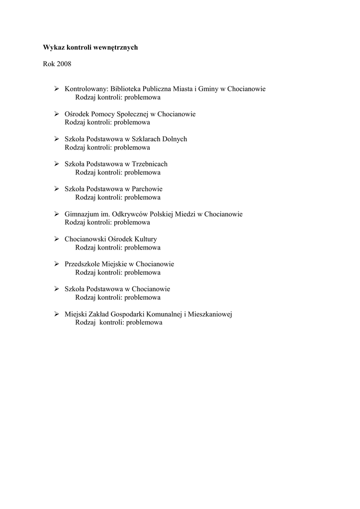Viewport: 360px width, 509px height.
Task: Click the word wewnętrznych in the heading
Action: pos(116,48)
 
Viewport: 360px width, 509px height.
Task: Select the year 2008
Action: pos(64,64)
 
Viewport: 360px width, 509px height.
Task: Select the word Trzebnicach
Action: pos(150,164)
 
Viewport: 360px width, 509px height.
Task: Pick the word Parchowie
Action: pos(147,189)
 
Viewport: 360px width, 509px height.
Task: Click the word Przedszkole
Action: pos(83,264)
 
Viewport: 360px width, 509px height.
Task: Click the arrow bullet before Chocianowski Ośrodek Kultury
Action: pos(57,239)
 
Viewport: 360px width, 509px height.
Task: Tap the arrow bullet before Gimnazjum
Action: pos(57,214)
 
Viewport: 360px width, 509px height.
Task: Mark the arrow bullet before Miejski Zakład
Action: pos(57,314)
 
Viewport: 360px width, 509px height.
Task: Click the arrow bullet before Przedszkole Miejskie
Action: pos(57,264)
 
